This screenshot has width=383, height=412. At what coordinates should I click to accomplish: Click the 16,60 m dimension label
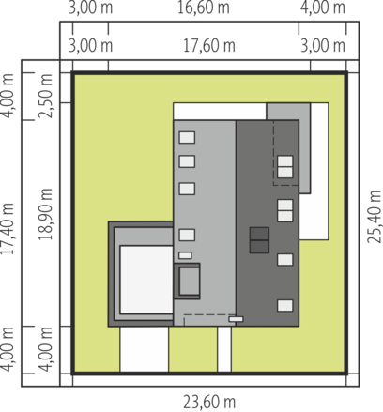pos(204,8)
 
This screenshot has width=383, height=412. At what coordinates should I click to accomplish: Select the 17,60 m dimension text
pos(209,46)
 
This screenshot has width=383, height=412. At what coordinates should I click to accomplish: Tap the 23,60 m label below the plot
pos(209,403)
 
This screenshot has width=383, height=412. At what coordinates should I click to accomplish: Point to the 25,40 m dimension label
pos(375,217)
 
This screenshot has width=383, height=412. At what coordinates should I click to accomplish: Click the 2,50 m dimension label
pos(45,96)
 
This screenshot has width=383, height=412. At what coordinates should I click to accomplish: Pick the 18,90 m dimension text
pos(45,214)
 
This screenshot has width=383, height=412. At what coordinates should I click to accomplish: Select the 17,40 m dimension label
pos(7,229)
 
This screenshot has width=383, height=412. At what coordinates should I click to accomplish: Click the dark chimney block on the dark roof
pos(259,240)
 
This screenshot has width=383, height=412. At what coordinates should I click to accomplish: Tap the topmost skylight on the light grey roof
pos(187,137)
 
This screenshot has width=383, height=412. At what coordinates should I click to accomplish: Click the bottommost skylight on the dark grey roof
pos(285,306)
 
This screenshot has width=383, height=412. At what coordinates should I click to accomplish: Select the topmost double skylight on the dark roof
pos(285,167)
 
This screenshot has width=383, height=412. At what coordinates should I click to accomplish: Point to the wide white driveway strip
pos(145,349)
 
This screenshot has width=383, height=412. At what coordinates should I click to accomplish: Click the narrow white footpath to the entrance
pos(224,349)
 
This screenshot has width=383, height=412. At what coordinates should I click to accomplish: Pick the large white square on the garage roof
pos(146,280)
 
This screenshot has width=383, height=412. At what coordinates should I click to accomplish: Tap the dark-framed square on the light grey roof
pos(187,281)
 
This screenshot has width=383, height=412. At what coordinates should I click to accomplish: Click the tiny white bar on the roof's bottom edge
pos(236,319)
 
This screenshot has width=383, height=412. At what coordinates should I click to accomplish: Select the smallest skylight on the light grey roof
pos(185,255)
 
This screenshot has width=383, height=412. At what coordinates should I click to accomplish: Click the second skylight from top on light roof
pos(187,161)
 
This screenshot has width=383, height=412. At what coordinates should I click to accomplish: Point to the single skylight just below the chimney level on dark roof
pos(285,260)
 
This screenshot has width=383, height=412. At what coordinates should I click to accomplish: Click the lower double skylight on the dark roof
pos(285,210)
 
